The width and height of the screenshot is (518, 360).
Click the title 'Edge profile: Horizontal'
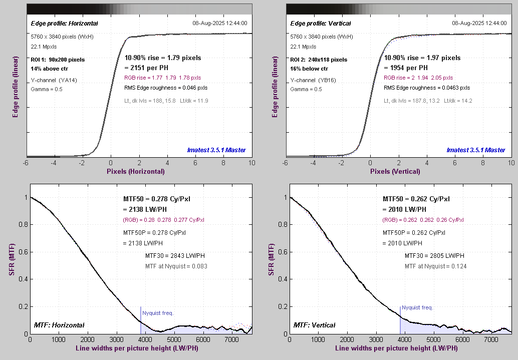[64, 24]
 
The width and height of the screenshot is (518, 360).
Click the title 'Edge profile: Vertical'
[321, 24]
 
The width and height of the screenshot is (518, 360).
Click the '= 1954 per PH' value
[406, 68]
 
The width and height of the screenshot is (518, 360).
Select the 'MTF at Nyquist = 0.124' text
[435, 266]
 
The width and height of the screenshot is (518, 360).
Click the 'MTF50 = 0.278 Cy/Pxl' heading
[156, 199]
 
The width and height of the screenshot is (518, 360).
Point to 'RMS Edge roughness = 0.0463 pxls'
[427, 88]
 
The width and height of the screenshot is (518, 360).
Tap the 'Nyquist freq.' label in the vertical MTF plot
[417, 308]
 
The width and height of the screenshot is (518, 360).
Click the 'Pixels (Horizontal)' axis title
[135, 171]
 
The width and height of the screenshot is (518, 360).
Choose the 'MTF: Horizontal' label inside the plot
[59, 325]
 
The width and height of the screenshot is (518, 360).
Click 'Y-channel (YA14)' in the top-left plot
[54, 80]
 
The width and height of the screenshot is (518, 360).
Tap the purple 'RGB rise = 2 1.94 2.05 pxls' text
[418, 78]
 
